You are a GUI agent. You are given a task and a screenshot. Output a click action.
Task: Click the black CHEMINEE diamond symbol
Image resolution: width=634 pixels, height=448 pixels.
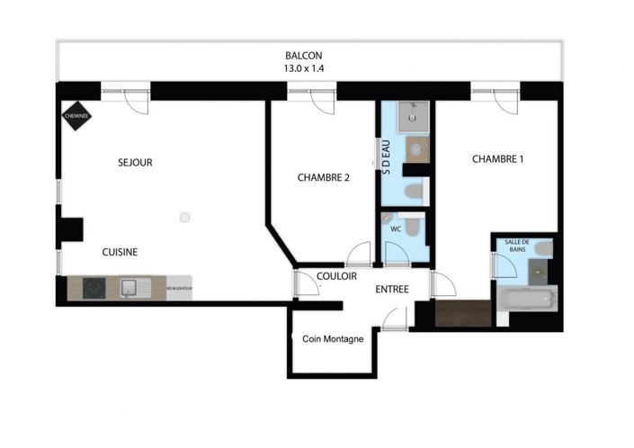(x=75, y=114)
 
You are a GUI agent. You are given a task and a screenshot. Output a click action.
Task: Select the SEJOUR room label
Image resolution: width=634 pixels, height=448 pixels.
(x=135, y=163)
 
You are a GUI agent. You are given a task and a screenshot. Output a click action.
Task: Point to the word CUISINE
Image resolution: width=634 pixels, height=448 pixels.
(x=120, y=252)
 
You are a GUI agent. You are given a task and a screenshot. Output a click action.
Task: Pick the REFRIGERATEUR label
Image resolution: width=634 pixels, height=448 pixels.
(x=179, y=288)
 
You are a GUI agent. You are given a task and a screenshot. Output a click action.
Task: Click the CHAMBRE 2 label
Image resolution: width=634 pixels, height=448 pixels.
(x=323, y=178)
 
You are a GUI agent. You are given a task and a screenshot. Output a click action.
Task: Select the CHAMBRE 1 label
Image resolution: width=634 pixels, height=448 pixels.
(x=497, y=159)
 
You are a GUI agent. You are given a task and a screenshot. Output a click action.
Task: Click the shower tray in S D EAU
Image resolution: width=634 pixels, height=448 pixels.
(x=415, y=115)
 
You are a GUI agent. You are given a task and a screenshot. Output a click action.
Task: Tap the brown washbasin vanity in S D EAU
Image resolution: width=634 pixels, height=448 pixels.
(x=416, y=148)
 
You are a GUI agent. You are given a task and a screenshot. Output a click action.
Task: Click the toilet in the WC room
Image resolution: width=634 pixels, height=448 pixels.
(x=411, y=225)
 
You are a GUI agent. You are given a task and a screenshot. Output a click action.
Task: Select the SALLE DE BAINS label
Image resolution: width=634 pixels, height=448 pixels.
(x=518, y=246)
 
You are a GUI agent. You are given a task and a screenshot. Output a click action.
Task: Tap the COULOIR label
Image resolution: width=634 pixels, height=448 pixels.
(x=337, y=276)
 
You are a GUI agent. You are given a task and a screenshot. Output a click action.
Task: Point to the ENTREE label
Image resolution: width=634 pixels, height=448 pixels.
(x=392, y=290)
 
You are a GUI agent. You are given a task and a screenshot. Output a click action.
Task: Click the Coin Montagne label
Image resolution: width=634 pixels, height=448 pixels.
(x=332, y=339)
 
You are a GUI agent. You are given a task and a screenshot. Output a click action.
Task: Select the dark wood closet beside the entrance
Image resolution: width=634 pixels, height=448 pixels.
(x=463, y=312)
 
